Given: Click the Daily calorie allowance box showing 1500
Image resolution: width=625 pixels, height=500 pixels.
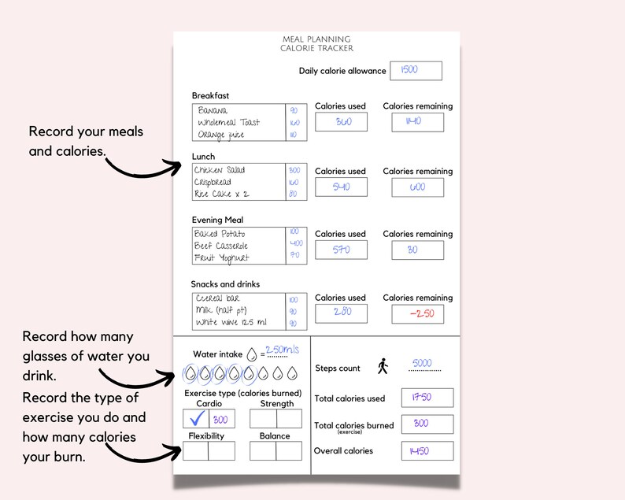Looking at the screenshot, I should coord(416,70).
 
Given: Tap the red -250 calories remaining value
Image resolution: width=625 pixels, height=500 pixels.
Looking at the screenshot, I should coord(417,313).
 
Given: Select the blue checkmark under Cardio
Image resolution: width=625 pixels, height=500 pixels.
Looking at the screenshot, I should coord(196,419).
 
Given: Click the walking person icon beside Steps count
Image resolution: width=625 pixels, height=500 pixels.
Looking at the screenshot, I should coord(383,366).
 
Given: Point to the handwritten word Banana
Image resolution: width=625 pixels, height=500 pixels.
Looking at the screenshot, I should coord(213,110).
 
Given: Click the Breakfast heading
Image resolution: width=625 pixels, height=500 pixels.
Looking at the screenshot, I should coord(210,96).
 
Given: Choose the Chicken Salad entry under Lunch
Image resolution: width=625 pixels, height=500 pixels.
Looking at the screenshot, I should coord(220,170).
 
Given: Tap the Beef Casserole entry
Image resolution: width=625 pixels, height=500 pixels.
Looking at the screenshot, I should coord(221,246).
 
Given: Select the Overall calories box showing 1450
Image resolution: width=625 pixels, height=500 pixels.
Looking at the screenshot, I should coord(427,450).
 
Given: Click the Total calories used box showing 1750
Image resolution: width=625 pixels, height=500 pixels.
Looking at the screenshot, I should coord(427,398).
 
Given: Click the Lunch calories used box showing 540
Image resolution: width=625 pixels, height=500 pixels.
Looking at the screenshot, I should coord(341,187).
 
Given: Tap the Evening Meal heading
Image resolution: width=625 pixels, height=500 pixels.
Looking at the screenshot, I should coord(218,220).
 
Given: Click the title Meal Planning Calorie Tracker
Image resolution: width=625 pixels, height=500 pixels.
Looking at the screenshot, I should coord(316,44).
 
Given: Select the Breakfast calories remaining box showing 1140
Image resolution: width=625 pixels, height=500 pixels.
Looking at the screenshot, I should coord(417,122).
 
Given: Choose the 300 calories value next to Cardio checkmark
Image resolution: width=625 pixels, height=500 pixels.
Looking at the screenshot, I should coord(222,419).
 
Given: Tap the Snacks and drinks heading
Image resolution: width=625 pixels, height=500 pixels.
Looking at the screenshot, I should coord(225,284).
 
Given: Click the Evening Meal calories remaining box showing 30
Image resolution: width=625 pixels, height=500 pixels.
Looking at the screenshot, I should coord(417,250).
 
